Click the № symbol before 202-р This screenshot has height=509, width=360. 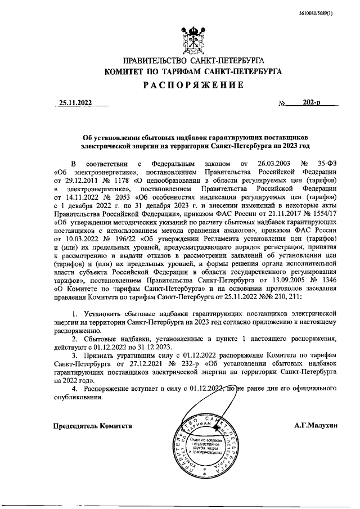coord(282,104)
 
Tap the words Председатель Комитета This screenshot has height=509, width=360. coord(92,426)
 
